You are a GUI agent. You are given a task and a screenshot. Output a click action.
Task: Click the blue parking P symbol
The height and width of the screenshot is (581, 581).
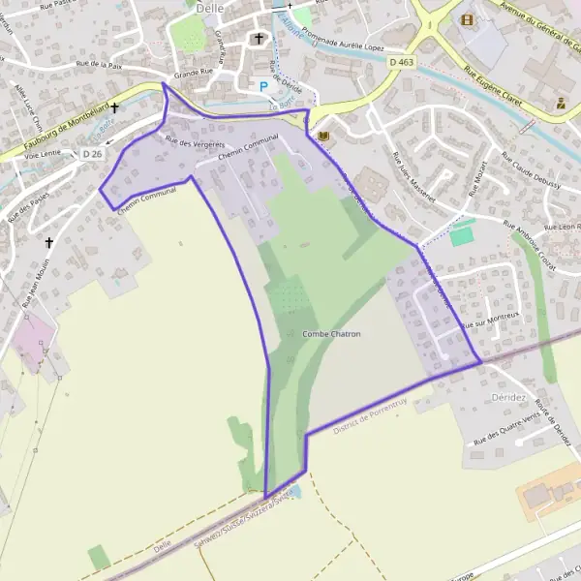coord(262,86)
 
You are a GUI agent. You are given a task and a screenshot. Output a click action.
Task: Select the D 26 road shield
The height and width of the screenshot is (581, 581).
coord(92,153)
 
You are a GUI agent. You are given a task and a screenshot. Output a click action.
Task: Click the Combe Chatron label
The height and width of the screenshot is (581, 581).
coord(332,334)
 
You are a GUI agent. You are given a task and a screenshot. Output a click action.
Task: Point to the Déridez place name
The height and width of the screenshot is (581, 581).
coord(507,397)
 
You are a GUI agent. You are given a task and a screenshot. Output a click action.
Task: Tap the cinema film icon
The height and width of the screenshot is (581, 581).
coord(468,19)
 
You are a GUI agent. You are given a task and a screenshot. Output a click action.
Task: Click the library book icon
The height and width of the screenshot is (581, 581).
coord(322,135)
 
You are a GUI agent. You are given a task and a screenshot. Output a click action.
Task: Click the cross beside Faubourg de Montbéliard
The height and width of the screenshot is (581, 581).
coord(114,107)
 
